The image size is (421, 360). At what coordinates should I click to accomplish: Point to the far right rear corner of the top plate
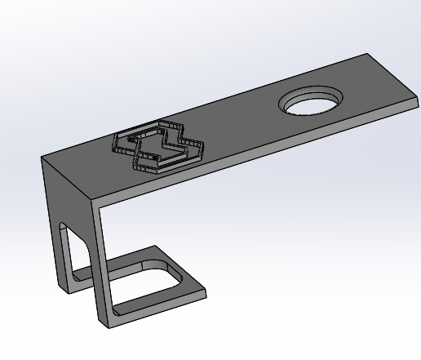point(367,55)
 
